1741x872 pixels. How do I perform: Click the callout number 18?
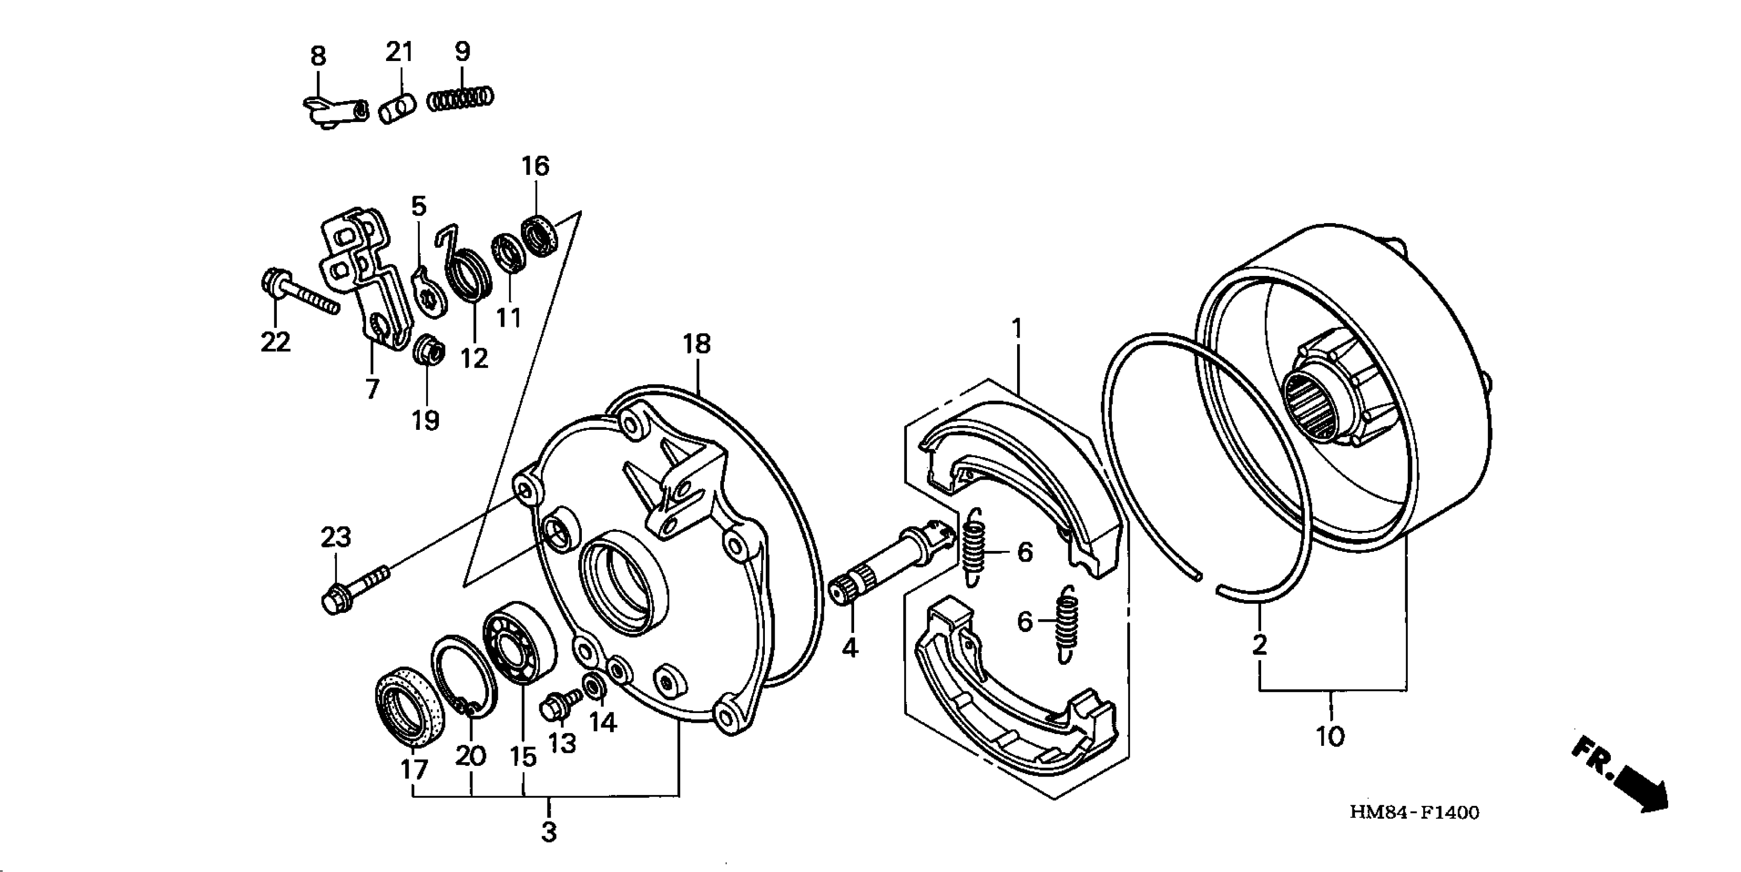(x=697, y=344)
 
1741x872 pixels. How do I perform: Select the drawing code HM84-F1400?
(x=1414, y=812)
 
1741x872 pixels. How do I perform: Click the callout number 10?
(x=1330, y=736)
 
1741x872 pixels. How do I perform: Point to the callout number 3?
(x=549, y=831)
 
